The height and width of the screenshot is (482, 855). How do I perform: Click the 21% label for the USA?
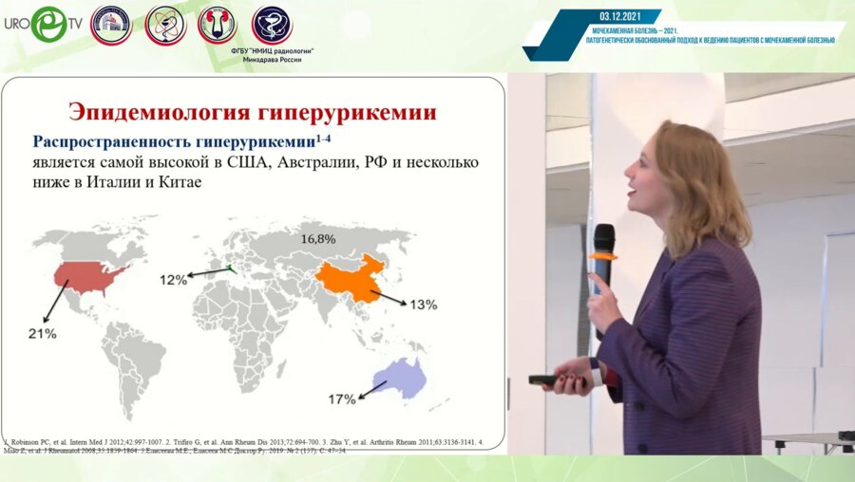[43, 334]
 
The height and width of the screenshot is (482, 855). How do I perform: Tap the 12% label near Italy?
[174, 279]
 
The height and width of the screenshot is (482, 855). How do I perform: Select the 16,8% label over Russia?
[318, 238]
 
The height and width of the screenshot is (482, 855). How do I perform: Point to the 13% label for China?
[423, 305]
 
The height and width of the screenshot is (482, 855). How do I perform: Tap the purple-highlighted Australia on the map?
[399, 379]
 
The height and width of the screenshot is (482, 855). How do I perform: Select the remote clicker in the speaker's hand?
[544, 380]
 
